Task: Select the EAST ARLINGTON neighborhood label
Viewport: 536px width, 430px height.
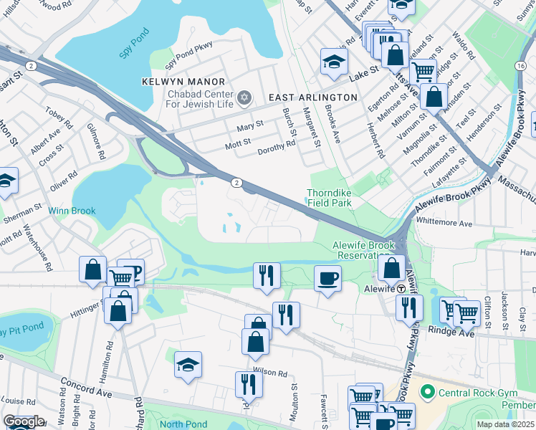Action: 312,97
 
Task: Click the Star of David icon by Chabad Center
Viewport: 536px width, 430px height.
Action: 244,96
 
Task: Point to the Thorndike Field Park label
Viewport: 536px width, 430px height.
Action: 329,199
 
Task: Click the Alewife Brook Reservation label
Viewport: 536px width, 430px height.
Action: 361,250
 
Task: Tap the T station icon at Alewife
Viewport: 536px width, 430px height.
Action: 402,288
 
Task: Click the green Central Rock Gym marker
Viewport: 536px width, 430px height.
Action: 428,392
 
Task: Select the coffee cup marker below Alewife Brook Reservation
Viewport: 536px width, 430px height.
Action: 328,278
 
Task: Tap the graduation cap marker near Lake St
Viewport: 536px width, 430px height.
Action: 334,62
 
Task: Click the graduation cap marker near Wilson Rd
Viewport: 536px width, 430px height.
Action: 188,365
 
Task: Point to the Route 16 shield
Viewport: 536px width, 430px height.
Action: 519,65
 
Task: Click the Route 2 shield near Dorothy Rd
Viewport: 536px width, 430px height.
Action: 236,183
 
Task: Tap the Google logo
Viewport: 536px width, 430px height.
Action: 24,421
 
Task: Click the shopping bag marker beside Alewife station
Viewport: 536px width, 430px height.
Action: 391,269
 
